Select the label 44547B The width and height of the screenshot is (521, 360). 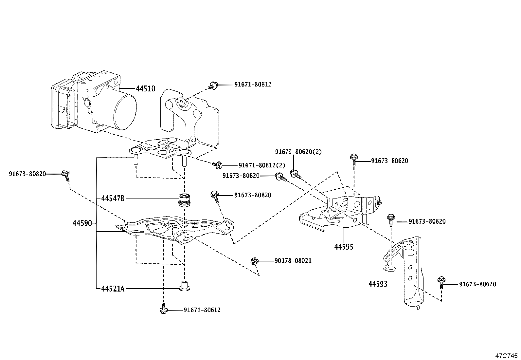(113, 199)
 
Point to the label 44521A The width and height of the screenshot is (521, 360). (113, 289)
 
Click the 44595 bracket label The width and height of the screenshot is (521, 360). (344, 247)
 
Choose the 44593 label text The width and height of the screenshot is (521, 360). (378, 284)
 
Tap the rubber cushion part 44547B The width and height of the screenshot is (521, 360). (184, 200)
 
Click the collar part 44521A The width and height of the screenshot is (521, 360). (185, 286)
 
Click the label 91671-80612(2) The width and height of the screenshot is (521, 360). (261, 165)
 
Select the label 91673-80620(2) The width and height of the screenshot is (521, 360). (298, 152)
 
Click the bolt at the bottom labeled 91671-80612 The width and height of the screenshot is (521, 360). (163, 309)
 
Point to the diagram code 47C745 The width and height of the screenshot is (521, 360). (506, 355)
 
